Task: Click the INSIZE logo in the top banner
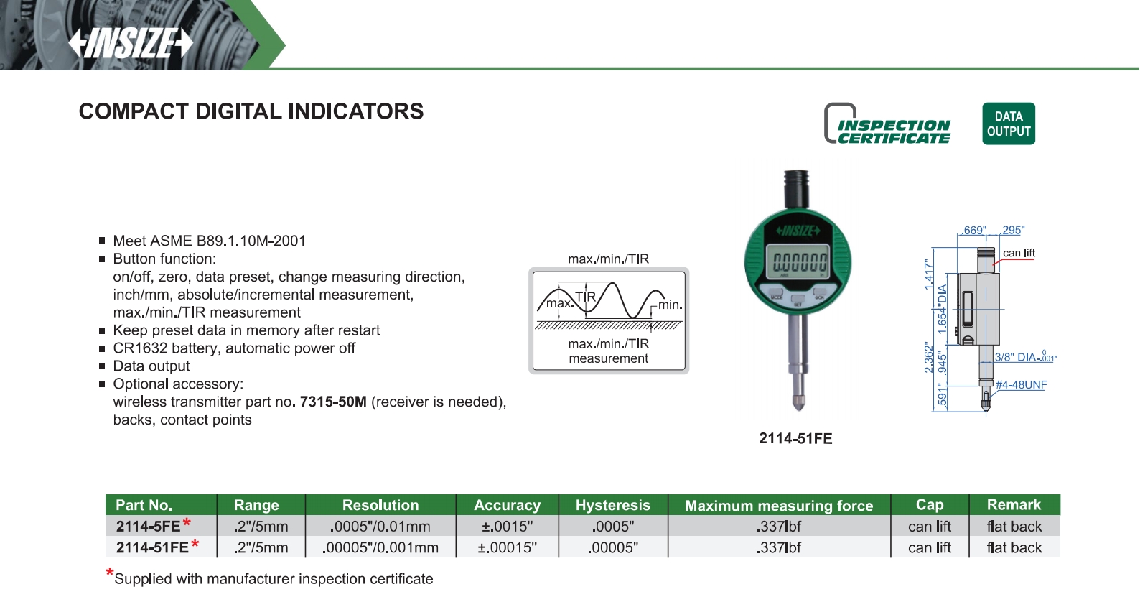[x=131, y=43]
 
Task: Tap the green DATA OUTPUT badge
[x=1008, y=124]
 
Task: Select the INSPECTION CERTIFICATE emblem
[x=887, y=124]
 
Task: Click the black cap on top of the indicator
[x=796, y=188]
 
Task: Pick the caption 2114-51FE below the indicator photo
[x=795, y=438]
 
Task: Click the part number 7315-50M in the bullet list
[x=333, y=402]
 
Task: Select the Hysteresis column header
[x=613, y=505]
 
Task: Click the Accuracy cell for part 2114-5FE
[x=507, y=526]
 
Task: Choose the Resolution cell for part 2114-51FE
[x=380, y=547]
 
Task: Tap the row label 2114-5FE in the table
[x=148, y=526]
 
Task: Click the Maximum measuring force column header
[x=779, y=505]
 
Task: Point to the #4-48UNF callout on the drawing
[x=1021, y=384]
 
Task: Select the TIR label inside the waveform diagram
[x=585, y=297]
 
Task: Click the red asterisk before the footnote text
[x=109, y=573]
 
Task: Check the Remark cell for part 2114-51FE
[x=1014, y=547]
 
